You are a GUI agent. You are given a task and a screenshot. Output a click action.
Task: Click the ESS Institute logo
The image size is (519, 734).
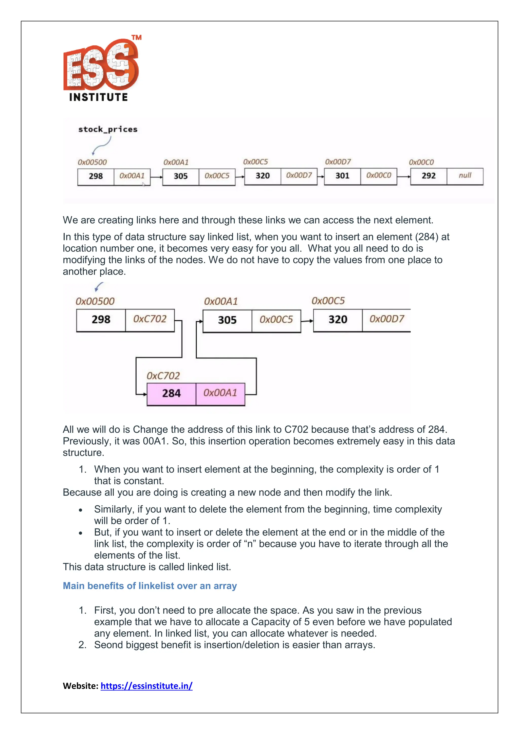click(x=102, y=68)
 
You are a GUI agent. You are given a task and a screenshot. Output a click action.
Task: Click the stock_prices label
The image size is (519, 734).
click(x=108, y=130)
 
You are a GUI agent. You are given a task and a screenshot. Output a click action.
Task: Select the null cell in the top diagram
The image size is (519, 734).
click(x=465, y=176)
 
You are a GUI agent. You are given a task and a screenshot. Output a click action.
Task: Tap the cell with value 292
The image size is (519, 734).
click(x=428, y=176)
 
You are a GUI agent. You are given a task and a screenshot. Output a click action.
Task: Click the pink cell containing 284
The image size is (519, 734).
click(x=171, y=394)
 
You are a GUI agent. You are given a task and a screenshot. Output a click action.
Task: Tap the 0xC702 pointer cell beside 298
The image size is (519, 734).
click(x=150, y=319)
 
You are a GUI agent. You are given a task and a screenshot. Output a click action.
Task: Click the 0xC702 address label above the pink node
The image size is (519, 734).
click(x=163, y=376)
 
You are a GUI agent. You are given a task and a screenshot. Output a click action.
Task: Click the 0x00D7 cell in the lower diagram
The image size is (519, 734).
click(x=386, y=319)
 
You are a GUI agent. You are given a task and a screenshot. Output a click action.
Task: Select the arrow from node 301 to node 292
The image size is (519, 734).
click(x=404, y=176)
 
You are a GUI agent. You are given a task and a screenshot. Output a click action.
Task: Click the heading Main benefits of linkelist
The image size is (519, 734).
click(x=150, y=586)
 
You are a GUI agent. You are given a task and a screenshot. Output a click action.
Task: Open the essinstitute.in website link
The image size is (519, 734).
click(x=146, y=686)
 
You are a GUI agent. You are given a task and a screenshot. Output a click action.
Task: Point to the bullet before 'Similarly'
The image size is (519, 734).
click(x=81, y=510)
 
